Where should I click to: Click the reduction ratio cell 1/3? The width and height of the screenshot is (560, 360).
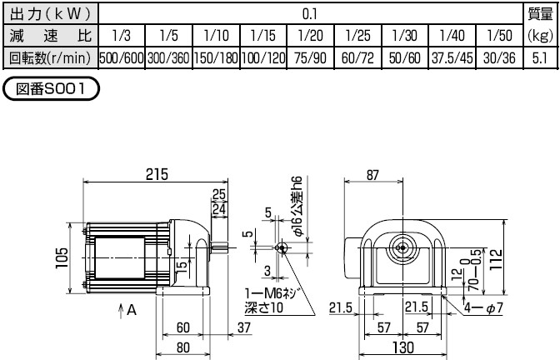[121, 36]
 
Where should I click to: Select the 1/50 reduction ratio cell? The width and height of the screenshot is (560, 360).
[498, 36]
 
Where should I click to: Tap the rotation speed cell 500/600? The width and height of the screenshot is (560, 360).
[121, 59]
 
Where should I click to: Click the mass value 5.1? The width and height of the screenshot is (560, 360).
[539, 59]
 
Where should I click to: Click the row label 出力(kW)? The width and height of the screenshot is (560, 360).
[49, 13]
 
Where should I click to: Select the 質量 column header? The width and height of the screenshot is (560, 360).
[539, 13]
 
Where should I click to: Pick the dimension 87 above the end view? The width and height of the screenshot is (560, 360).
[372, 174]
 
